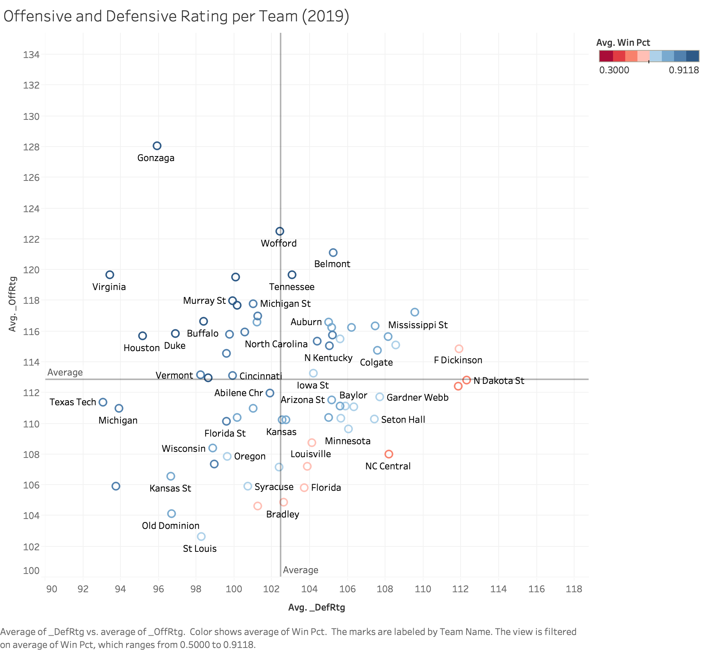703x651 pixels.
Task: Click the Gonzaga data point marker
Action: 157,146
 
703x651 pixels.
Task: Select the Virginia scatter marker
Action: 110,275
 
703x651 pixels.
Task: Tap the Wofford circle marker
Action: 280,231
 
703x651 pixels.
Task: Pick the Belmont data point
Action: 333,253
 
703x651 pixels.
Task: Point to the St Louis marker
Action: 201,537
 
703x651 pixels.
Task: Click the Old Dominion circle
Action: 172,514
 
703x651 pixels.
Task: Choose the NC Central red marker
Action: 389,454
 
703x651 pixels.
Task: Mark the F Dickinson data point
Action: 459,349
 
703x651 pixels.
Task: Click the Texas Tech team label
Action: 73,402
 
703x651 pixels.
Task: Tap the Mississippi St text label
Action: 418,325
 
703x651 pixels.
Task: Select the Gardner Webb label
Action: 417,398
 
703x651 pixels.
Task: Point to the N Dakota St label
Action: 499,381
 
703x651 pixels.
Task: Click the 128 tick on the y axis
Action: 31,147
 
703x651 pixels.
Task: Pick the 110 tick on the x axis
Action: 423,589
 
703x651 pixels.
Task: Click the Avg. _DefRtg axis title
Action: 316,607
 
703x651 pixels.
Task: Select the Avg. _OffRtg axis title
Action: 13,304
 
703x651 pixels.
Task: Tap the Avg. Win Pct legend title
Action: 623,43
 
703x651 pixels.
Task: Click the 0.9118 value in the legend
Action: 684,70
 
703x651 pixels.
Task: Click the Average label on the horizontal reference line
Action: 65,372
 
